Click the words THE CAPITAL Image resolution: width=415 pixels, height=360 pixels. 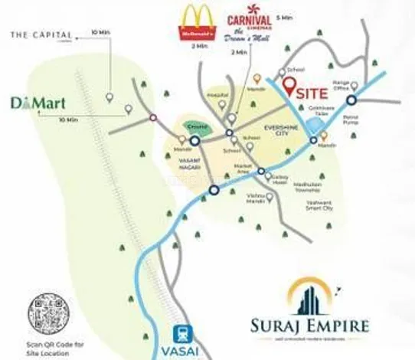pyautogui.click(x=41, y=34)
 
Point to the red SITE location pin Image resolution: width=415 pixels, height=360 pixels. pyautogui.click(x=289, y=87)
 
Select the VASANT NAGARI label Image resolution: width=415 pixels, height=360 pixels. pyautogui.click(x=187, y=162)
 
